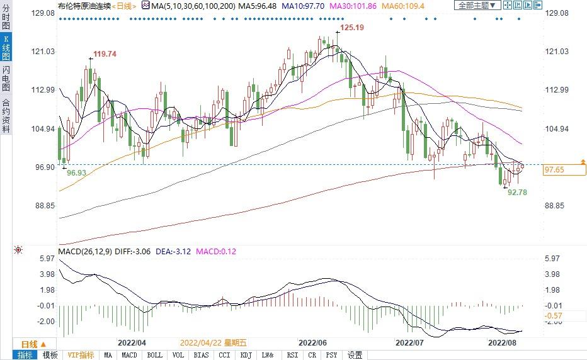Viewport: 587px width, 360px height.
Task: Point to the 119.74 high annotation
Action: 105,54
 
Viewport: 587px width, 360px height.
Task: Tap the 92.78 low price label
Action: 517,192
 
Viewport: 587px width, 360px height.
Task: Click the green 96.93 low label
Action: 76,172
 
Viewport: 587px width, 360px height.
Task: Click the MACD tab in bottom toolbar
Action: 129,355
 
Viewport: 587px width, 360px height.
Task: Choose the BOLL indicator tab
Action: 154,355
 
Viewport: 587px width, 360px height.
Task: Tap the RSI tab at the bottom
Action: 292,355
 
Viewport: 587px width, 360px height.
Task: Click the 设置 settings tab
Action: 355,355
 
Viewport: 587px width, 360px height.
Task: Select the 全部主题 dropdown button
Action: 477,6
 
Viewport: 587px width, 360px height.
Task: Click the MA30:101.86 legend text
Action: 354,6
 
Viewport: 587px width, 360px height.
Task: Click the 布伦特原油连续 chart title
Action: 83,6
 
